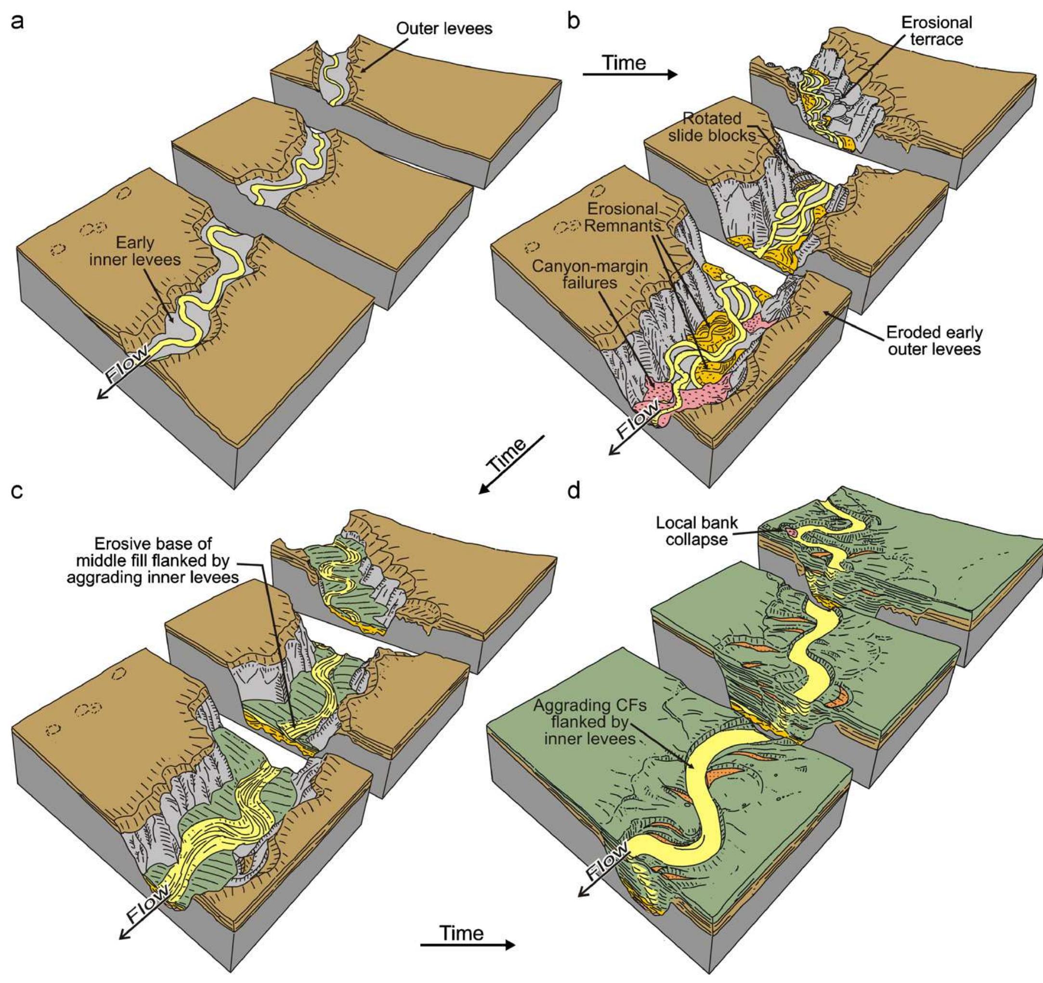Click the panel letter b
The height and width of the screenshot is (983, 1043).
(x=574, y=23)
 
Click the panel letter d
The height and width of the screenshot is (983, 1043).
(x=574, y=492)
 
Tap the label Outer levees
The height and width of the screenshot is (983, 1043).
(x=444, y=28)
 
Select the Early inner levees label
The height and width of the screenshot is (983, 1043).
(x=135, y=251)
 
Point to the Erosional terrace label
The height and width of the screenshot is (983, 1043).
(x=937, y=31)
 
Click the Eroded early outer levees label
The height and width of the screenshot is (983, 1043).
(x=934, y=341)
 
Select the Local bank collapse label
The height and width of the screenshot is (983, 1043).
(x=696, y=531)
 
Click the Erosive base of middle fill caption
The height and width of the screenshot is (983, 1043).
(x=153, y=561)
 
